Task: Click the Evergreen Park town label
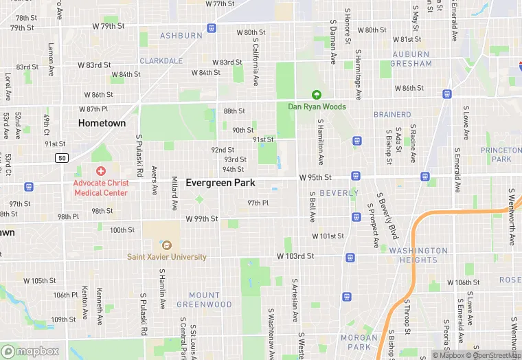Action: click(220, 183)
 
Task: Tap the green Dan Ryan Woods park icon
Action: click(317, 95)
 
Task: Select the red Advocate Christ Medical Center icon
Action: click(101, 170)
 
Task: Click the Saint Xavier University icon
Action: click(166, 245)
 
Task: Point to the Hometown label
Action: click(102, 123)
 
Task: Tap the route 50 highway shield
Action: click(62, 158)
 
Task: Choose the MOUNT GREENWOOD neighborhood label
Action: click(205, 300)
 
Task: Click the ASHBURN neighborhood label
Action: click(181, 36)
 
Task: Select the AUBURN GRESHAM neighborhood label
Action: click(411, 59)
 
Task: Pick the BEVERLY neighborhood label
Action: click(339, 193)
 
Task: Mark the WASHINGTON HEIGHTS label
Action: click(418, 255)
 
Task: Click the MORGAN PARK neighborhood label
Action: click(359, 342)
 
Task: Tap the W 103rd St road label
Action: click(295, 256)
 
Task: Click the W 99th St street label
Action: click(202, 218)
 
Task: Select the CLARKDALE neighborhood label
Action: click(161, 60)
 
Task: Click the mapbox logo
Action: click(30, 351)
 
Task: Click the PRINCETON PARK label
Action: click(501, 155)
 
